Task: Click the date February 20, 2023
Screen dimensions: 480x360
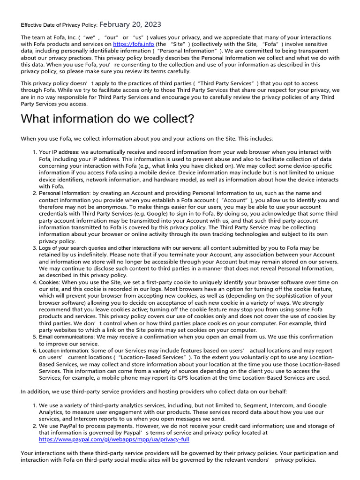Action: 130,24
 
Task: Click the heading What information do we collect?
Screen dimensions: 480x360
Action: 107,119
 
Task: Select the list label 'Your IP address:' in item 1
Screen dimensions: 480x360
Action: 59,152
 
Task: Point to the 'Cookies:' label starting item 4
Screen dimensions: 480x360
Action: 49,282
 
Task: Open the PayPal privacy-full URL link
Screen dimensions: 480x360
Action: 114,440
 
